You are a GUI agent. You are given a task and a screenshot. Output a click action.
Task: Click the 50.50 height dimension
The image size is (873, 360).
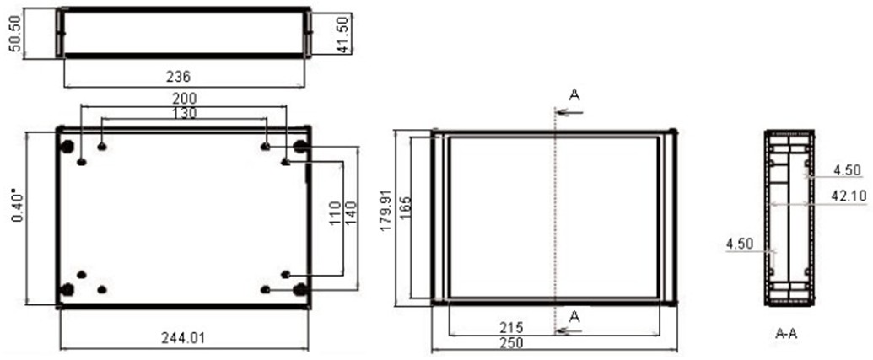point(16,34)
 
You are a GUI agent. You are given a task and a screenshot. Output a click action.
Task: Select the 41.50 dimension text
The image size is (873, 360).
point(345,35)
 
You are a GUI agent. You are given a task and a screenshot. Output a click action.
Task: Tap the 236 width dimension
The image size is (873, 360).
point(179,76)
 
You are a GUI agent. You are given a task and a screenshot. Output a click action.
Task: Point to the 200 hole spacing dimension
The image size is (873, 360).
point(184,99)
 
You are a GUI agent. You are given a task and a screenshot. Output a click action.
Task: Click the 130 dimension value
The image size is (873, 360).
point(184,113)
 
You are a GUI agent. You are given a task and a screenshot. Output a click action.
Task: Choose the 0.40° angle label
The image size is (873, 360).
point(19,205)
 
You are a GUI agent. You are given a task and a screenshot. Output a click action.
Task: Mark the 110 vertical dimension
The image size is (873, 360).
point(335,212)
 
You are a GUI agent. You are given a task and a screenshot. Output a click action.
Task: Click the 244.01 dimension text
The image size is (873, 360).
point(183,338)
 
